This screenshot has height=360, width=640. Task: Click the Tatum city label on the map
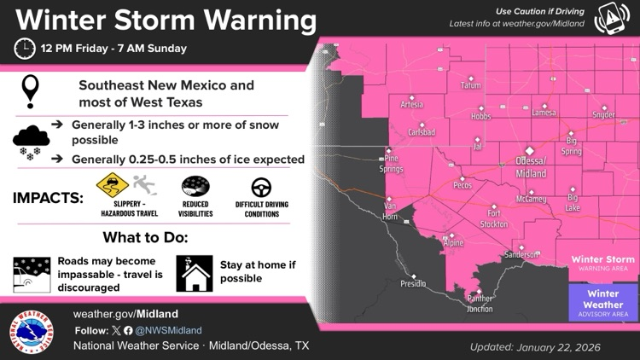pyautogui.click(x=470, y=85)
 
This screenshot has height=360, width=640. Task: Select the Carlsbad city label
pyautogui.click(x=422, y=132)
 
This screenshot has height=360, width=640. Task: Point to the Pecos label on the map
pyautogui.click(x=463, y=184)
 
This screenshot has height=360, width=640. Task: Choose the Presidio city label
pyautogui.click(x=413, y=283)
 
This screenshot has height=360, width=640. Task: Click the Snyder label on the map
pyautogui.click(x=603, y=114)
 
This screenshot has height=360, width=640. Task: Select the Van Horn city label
pyautogui.click(x=392, y=211)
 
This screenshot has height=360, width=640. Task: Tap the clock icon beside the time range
pyautogui.click(x=25, y=49)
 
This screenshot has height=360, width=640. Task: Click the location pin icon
pyautogui.click(x=32, y=91)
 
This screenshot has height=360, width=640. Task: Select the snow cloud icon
pyautogui.click(x=31, y=140)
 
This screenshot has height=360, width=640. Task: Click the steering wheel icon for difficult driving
pyautogui.click(x=261, y=188)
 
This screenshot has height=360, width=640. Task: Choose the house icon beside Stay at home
pyautogui.click(x=194, y=273)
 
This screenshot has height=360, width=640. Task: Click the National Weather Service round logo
pyautogui.click(x=32, y=331)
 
